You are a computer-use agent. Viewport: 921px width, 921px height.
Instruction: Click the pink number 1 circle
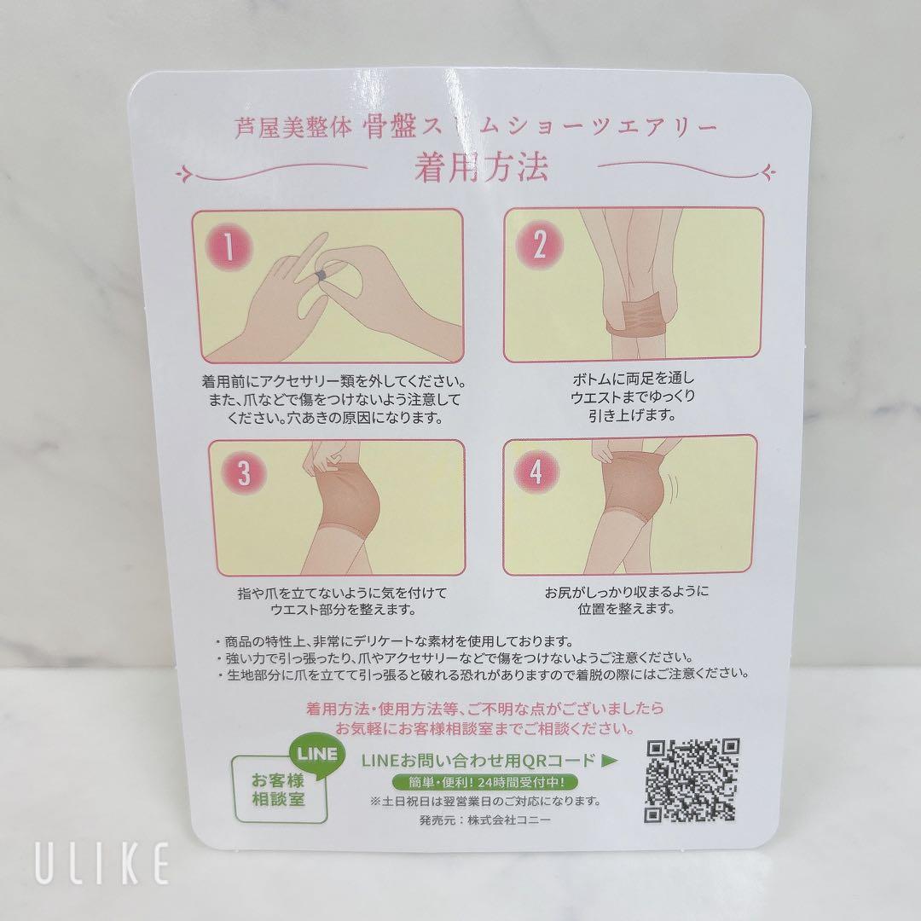pyautogui.click(x=229, y=246)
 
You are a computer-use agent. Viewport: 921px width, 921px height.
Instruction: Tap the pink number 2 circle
pyautogui.click(x=539, y=245)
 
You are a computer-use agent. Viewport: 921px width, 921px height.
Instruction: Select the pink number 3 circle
pyautogui.click(x=243, y=473)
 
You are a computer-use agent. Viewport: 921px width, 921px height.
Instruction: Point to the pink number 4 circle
pyautogui.click(x=536, y=471)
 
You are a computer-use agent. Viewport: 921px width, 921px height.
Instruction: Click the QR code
pyautogui.click(x=692, y=781)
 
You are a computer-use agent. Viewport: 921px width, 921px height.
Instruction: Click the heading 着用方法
pyautogui.click(x=481, y=167)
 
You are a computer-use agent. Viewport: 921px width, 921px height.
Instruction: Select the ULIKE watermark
pyautogui.click(x=102, y=862)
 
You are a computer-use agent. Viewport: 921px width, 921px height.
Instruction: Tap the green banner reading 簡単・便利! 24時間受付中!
pyautogui.click(x=485, y=782)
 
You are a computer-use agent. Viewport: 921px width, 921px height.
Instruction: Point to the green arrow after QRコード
pyautogui.click(x=609, y=761)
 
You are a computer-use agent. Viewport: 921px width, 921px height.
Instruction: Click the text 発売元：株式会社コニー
pyautogui.click(x=485, y=820)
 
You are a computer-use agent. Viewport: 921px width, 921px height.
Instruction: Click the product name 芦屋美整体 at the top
pyautogui.click(x=293, y=127)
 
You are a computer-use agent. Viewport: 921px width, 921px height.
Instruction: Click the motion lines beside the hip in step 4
pyautogui.click(x=675, y=487)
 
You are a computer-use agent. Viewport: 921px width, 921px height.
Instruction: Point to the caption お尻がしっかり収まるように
pyautogui.click(x=627, y=591)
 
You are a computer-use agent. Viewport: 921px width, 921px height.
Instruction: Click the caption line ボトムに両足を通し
pyautogui.click(x=633, y=379)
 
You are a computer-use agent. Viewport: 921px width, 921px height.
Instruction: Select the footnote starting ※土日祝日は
pyautogui.click(x=485, y=801)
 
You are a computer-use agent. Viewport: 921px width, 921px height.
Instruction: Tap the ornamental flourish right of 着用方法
pyautogui.click(x=687, y=169)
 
